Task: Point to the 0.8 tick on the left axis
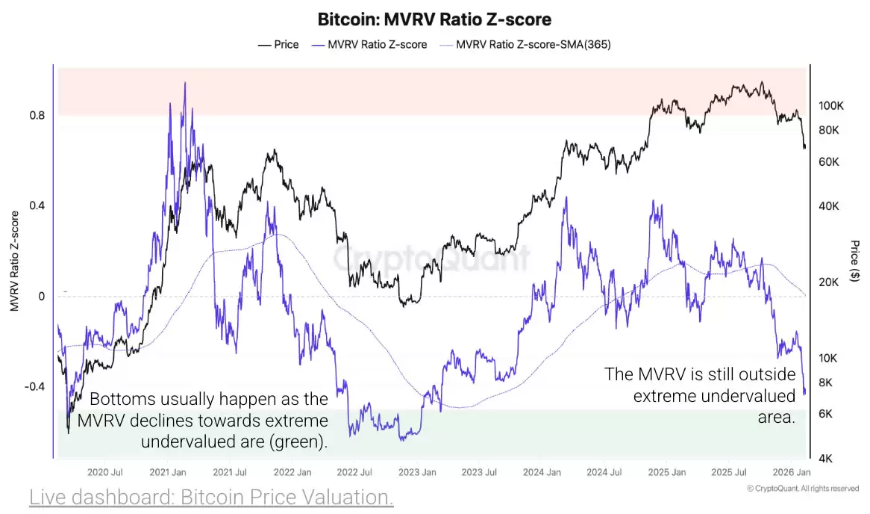(37, 116)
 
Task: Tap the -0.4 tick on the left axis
(34, 387)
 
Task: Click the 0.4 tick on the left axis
(37, 206)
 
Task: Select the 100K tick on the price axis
(830, 105)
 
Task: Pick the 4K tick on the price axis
(826, 458)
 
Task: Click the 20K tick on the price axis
(828, 282)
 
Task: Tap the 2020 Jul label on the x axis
(105, 472)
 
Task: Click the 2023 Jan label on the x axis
(417, 472)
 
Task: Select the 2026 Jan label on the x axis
(792, 472)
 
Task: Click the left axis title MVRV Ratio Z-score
(14, 261)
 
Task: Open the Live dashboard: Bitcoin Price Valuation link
(211, 497)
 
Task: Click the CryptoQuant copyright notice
(802, 489)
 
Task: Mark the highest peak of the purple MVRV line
(185, 83)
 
